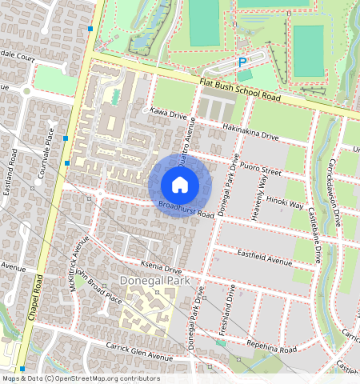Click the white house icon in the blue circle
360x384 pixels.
pos(180,185)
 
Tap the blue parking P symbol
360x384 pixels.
pos(243,61)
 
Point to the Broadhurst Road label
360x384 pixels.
pos(186,210)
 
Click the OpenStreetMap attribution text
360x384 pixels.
pos(80,378)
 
